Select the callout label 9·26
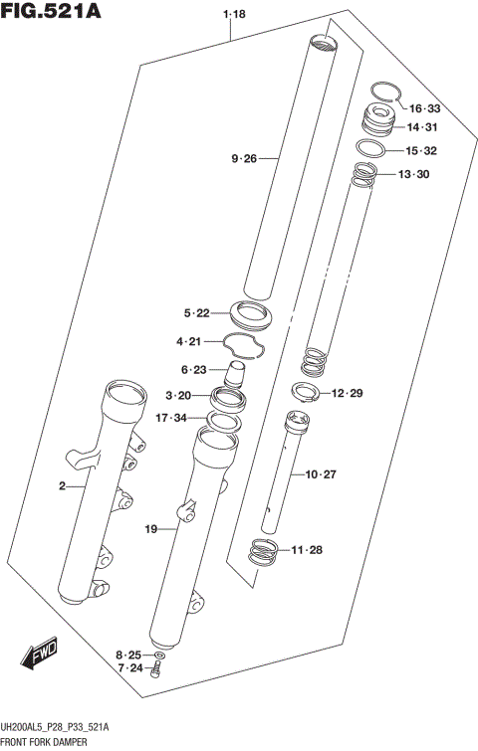tap(244, 158)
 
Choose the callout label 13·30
tap(413, 174)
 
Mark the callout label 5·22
tap(196, 313)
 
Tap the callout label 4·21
tap(189, 342)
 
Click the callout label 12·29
tap(347, 394)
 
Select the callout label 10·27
tap(322, 474)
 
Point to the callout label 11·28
tap(308, 550)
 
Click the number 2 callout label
tap(62, 486)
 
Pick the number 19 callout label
tap(151, 530)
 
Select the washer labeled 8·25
tap(162, 657)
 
